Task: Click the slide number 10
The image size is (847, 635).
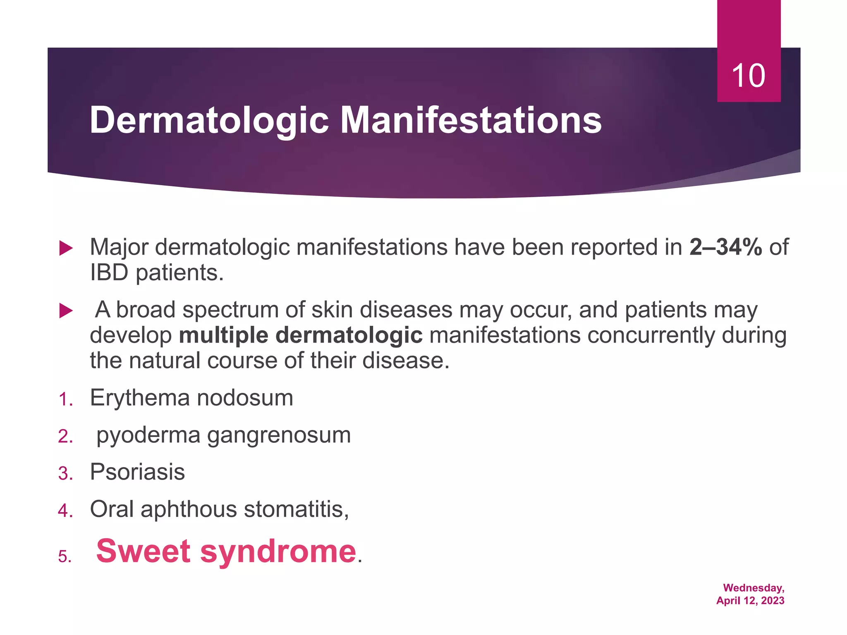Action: click(748, 76)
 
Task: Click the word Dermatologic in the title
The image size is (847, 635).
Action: click(209, 120)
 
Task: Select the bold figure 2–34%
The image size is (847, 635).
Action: click(725, 247)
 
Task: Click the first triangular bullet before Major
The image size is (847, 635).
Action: click(66, 248)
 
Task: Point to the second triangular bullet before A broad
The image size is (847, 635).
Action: click(66, 310)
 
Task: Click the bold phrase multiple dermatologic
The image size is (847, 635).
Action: click(301, 335)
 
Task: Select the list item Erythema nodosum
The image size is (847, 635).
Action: click(191, 398)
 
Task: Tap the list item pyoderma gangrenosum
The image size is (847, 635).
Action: click(223, 435)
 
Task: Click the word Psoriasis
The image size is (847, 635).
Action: click(137, 472)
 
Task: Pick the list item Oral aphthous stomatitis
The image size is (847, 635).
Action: click(219, 509)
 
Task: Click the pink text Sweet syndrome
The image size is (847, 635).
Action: click(226, 551)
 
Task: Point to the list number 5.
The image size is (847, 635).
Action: click(65, 557)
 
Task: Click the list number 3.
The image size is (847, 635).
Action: click(65, 474)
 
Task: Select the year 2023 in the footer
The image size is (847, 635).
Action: click(773, 601)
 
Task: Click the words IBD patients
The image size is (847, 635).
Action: click(156, 273)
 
